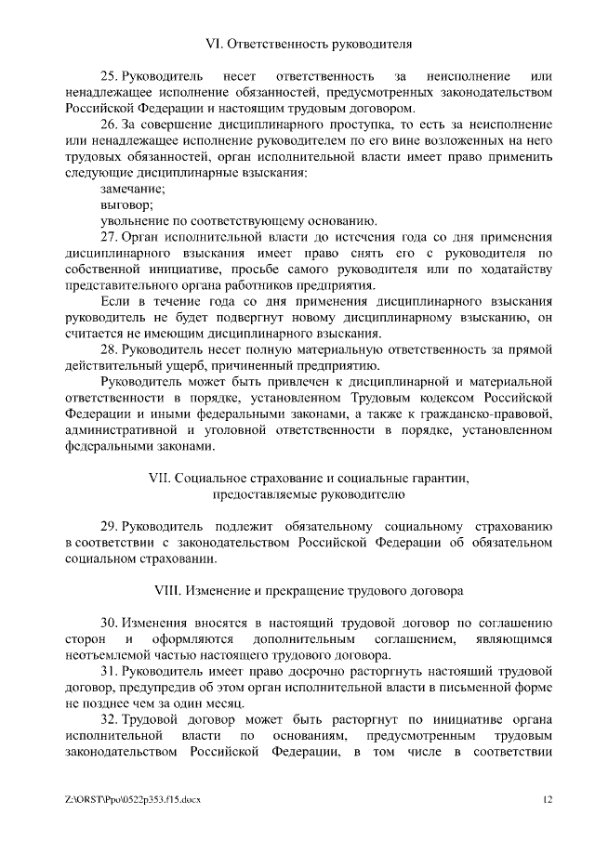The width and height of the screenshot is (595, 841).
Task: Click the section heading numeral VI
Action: click(x=211, y=44)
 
